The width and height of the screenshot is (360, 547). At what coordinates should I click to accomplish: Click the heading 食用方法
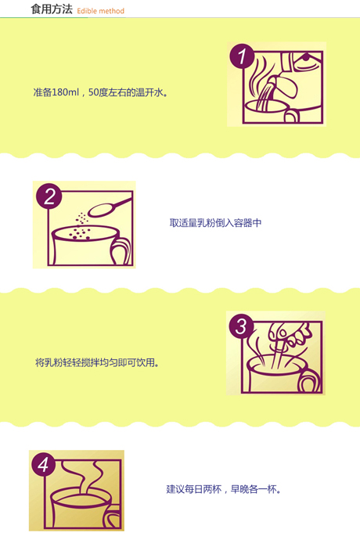coord(52,9)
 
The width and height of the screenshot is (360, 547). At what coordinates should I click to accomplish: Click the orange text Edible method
coord(100,11)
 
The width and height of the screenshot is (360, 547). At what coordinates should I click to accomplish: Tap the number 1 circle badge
coord(242,56)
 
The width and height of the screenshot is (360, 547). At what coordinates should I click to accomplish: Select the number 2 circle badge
coord(49,196)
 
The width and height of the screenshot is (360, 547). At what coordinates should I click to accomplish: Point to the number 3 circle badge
coord(241,326)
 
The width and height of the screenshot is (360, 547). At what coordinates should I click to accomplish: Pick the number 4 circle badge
coord(43,465)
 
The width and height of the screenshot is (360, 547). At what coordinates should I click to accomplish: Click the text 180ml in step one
coord(65,92)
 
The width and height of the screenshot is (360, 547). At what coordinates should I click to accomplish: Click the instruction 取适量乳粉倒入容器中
coord(215,223)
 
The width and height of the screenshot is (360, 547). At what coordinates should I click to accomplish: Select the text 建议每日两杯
coord(193,489)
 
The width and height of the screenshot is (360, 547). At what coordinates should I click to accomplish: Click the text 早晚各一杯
coord(254,489)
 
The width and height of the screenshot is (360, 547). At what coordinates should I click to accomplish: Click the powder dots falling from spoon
coord(81,226)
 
